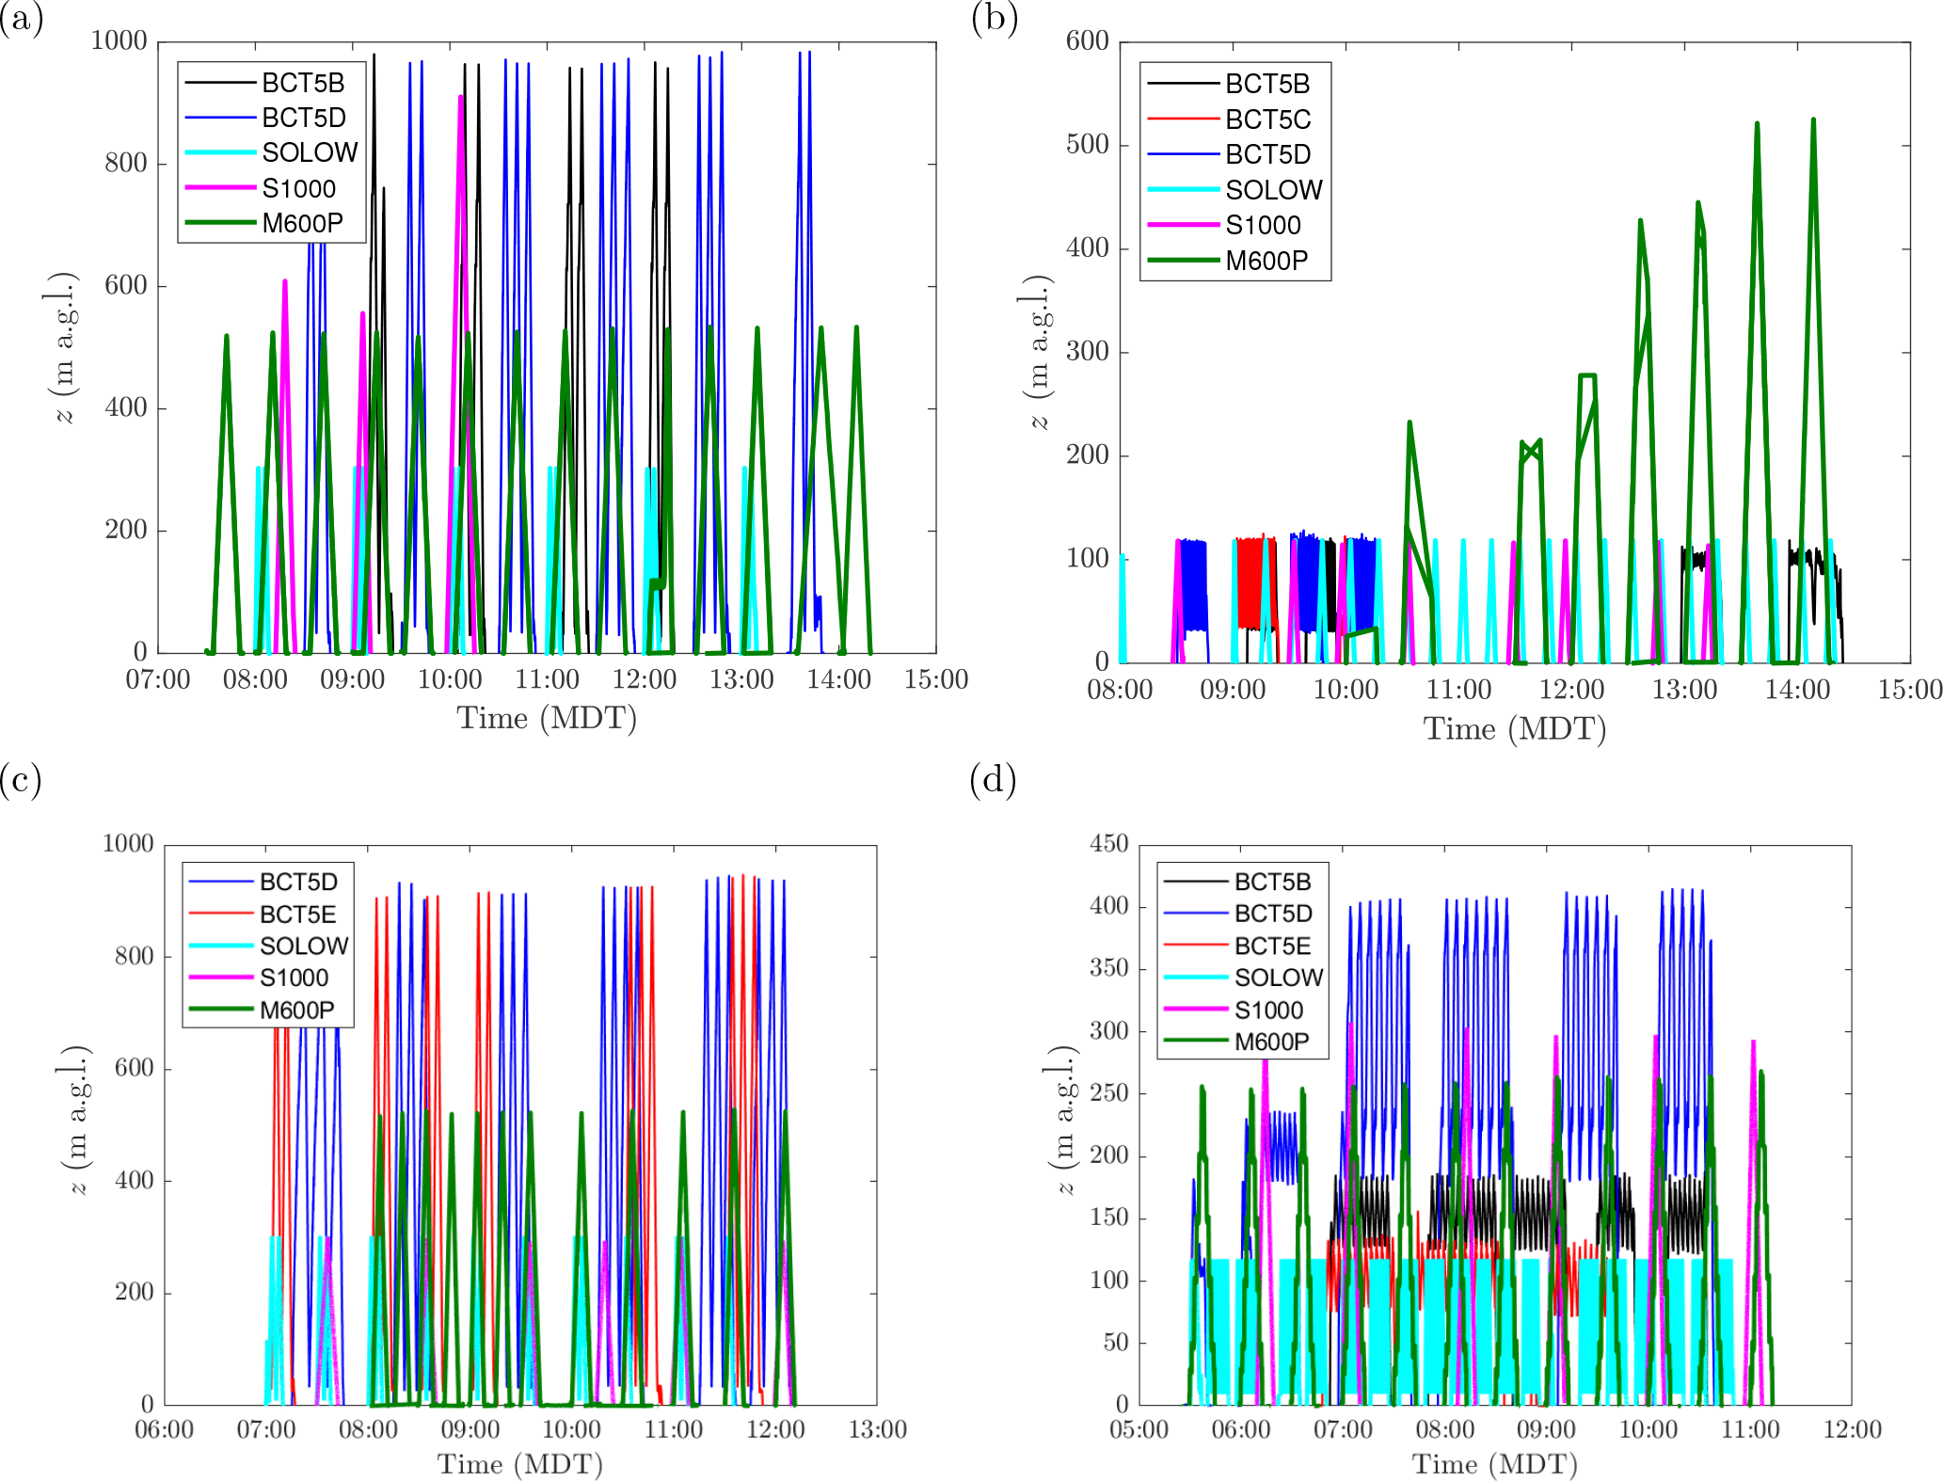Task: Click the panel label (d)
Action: (x=993, y=780)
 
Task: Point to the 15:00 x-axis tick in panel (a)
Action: (x=935, y=679)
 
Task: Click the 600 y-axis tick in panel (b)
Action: (x=1087, y=40)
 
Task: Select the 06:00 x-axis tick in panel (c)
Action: (x=165, y=1430)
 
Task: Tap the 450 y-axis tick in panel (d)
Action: (x=1108, y=843)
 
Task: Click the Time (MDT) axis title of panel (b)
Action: (x=1514, y=728)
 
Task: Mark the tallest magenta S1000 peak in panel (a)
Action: (x=460, y=97)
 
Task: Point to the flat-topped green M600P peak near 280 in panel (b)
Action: (x=1586, y=376)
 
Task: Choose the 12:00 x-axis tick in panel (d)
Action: (x=1852, y=1430)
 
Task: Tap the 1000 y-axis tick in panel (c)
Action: (x=128, y=843)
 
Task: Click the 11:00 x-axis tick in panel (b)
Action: (x=1458, y=690)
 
